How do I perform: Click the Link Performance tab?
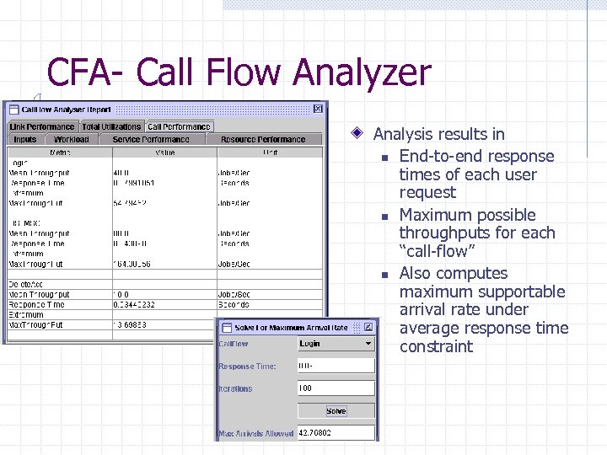coord(42,126)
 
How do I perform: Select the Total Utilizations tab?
coord(111,126)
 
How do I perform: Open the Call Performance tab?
coord(179,126)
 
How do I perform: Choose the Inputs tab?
coord(25,139)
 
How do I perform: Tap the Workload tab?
coord(71,139)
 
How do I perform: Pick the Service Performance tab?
coord(151,139)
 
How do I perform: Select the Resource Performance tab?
coord(262,139)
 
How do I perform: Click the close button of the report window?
coord(318,109)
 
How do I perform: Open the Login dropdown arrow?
coord(368,344)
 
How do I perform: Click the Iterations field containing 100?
coord(336,388)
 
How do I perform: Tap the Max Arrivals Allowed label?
coord(256,433)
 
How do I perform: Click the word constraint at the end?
coord(436,346)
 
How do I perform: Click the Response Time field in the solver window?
coord(336,366)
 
